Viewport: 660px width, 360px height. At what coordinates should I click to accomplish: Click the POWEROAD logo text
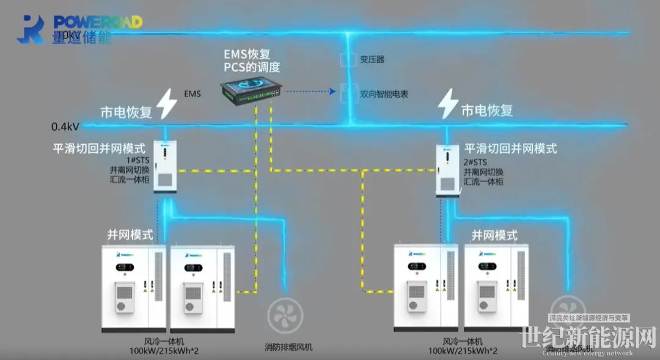[98, 22]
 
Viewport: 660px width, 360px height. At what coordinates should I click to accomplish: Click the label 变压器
[372, 59]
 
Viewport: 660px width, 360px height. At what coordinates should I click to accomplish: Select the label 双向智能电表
[384, 94]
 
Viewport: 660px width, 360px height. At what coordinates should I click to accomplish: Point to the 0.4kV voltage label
[65, 127]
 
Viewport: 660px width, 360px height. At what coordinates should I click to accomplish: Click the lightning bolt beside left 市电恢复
[166, 104]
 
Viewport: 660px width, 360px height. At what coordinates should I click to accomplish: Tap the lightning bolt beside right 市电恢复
[448, 103]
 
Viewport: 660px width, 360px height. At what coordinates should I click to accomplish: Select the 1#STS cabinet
[164, 166]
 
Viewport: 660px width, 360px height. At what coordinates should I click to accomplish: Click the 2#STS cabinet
[447, 170]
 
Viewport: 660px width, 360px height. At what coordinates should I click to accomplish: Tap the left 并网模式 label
[130, 234]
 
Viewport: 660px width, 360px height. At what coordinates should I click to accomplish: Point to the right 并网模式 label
[494, 235]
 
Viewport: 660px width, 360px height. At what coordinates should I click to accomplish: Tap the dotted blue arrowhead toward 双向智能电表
[332, 92]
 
